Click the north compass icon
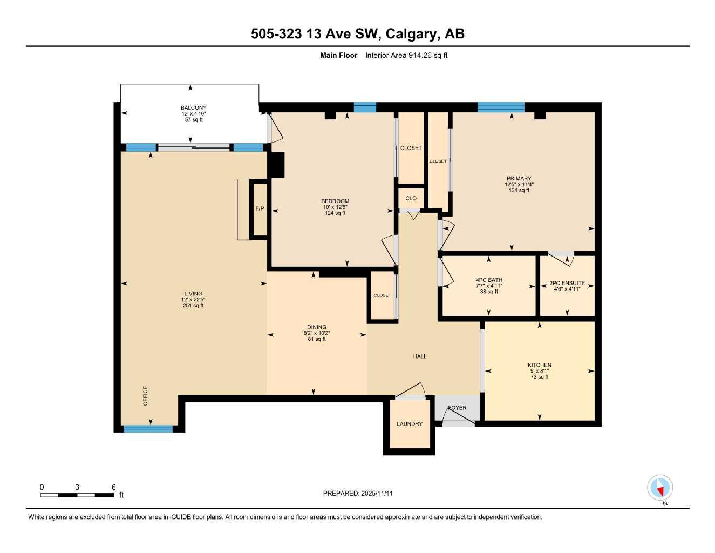[660, 488]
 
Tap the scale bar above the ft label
[77, 495]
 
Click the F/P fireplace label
[260, 208]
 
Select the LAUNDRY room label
[410, 424]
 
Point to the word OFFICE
[145, 396]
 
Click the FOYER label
[457, 408]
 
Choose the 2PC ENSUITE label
[567, 283]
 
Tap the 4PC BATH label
[488, 280]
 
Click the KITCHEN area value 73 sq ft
[539, 377]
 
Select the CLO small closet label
[411, 198]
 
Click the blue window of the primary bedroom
[501, 107]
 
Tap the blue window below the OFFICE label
[148, 429]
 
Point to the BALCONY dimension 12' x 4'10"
[193, 114]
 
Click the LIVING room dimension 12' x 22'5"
[193, 300]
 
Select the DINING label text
[317, 327]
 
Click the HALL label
[420, 356]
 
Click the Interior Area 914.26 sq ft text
[406, 55]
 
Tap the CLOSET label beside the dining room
[383, 295]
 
